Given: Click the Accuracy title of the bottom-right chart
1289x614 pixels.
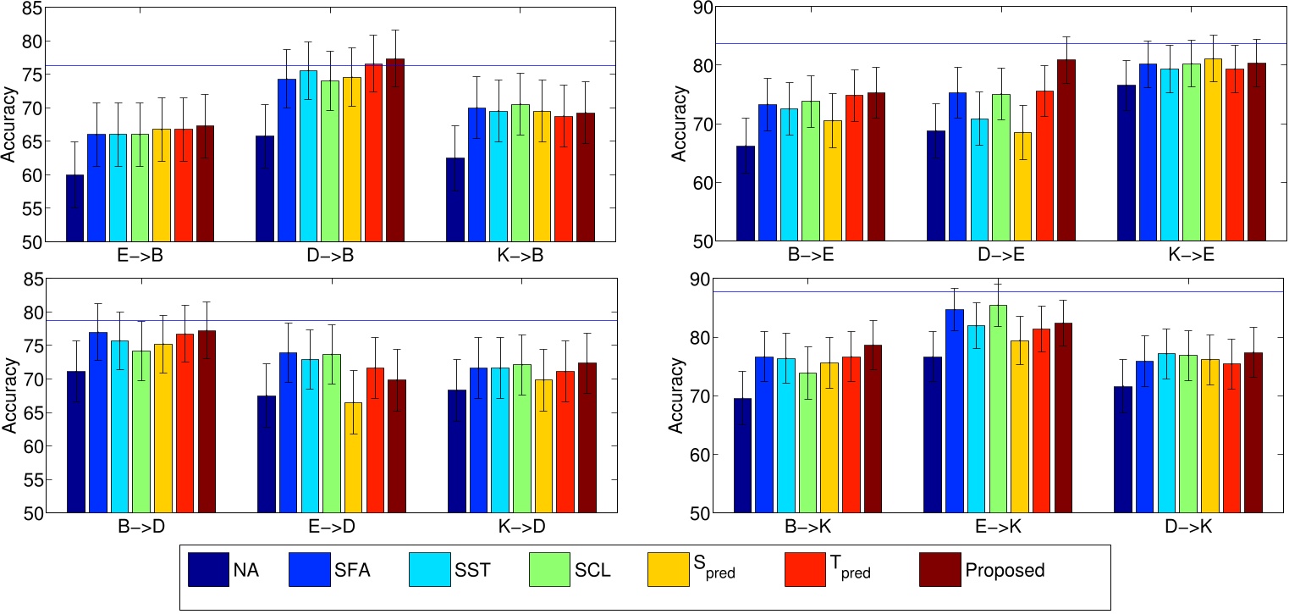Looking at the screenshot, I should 677,401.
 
